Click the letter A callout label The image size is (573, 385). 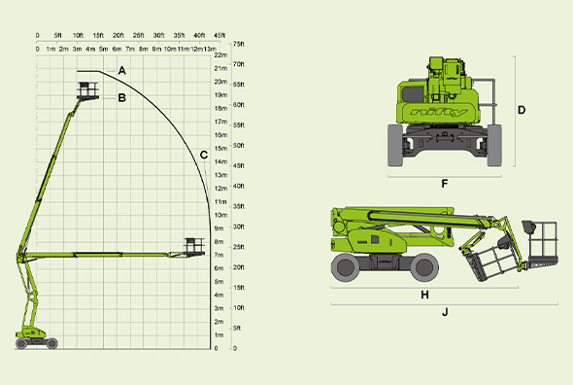tap(122, 71)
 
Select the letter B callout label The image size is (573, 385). tap(121, 98)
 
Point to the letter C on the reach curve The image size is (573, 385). tap(204, 156)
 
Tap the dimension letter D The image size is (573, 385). tap(522, 110)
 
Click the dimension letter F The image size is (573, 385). tap(445, 184)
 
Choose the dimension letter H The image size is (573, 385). tap(424, 295)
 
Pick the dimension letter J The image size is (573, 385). tap(445, 312)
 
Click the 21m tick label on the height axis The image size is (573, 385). tap(220, 68)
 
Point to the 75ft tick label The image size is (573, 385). tap(239, 44)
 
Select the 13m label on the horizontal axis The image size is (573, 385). tap(210, 49)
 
